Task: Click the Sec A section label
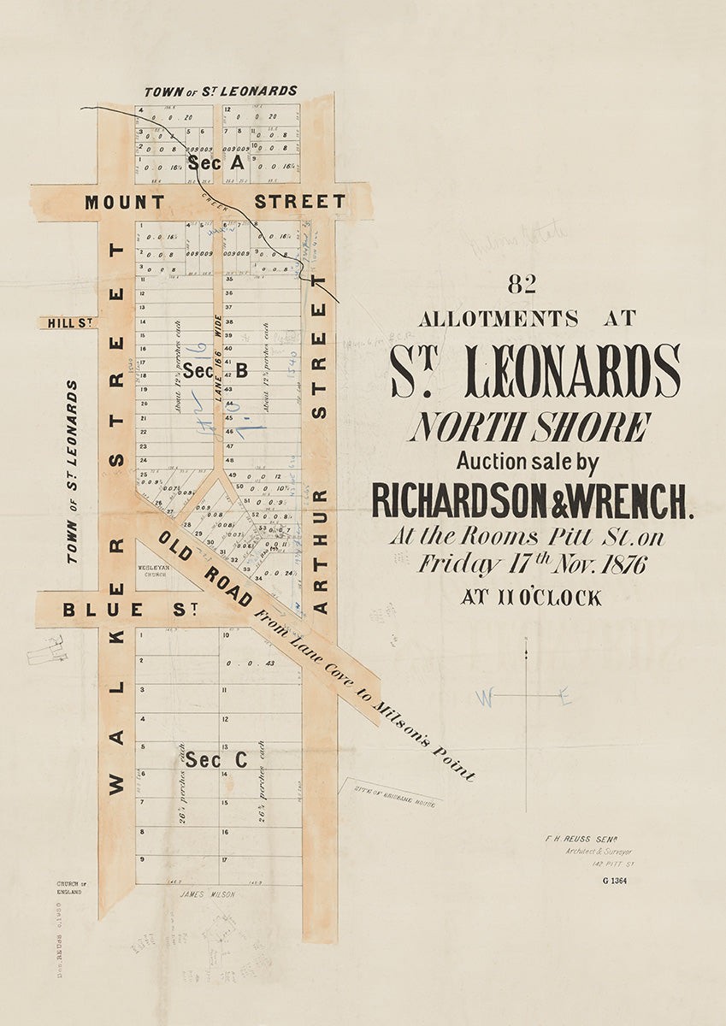(x=216, y=162)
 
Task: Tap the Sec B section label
(x=215, y=370)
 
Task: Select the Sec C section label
(x=216, y=759)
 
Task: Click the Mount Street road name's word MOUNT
(x=124, y=203)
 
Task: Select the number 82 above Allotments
(x=521, y=285)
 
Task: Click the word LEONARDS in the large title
(x=573, y=371)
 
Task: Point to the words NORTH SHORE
(x=529, y=427)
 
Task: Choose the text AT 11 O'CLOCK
(x=530, y=598)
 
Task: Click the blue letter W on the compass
(x=485, y=699)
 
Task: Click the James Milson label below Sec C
(x=206, y=894)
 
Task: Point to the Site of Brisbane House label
(x=392, y=793)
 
